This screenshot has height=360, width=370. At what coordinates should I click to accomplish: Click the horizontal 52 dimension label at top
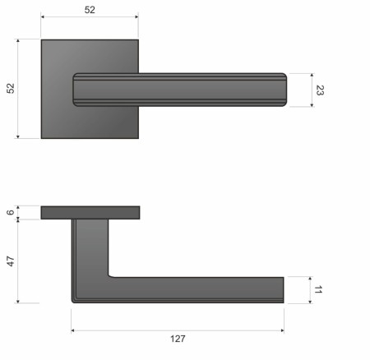coord(90,10)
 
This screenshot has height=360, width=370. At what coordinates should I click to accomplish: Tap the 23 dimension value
coord(320,90)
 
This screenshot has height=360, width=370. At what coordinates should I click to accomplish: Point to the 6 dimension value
coord(11,213)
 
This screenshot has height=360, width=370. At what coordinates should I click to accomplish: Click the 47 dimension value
coord(11,261)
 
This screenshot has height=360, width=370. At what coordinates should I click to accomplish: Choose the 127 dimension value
coord(178,339)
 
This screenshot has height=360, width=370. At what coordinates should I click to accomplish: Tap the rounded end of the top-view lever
coord(282,90)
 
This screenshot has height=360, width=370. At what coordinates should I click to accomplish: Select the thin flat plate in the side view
coord(90,213)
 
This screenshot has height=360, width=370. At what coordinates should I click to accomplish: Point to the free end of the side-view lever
coord(279,290)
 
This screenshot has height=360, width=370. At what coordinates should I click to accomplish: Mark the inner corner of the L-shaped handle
coord(110,275)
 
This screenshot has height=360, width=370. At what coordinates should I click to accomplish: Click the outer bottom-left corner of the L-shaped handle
coord(74,301)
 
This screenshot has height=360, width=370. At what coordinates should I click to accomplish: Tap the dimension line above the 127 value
coord(178,330)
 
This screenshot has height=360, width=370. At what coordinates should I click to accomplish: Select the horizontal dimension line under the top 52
coord(90,16)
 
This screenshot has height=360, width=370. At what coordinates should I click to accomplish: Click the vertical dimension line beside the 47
coord(19,261)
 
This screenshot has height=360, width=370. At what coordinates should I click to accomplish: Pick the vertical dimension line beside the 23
coord(312,90)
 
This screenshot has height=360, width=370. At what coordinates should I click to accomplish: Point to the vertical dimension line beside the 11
coord(311,290)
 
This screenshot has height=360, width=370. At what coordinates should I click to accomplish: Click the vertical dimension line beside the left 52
coord(18,88)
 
